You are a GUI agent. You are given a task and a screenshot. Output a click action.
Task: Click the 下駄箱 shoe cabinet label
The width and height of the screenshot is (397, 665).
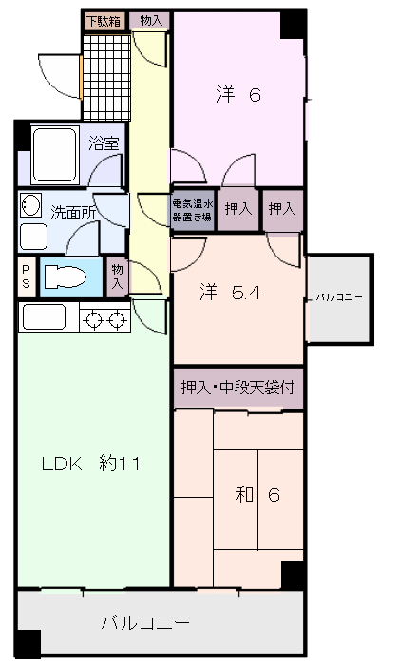pyautogui.click(x=104, y=21)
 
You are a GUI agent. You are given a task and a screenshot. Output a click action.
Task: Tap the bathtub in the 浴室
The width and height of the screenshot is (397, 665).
pyautogui.click(x=54, y=155)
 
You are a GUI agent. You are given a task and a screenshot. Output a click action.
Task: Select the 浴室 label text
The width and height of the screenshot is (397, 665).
pyautogui.click(x=104, y=143)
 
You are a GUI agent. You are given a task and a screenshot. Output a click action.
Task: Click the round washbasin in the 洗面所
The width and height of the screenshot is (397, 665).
pyautogui.click(x=30, y=205)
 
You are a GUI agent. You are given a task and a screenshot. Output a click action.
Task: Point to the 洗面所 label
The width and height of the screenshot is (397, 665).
pyautogui.click(x=73, y=213)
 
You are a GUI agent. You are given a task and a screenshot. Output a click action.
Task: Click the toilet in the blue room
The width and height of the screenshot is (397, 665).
pyautogui.click(x=65, y=277)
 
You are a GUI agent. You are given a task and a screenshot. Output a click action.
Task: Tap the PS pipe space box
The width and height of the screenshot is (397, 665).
pyautogui.click(x=27, y=277)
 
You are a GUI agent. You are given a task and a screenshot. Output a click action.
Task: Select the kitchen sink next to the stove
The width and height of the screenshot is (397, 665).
pyautogui.click(x=44, y=316)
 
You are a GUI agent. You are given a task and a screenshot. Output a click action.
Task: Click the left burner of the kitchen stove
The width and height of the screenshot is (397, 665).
pyautogui.click(x=92, y=320)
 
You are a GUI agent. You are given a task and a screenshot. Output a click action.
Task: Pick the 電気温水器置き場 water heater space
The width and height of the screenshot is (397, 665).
pyautogui.click(x=193, y=210)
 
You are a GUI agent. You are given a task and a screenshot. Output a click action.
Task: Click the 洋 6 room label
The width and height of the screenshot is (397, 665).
pyautogui.click(x=238, y=94)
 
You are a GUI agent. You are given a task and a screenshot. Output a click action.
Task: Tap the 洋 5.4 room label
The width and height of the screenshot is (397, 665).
pyautogui.click(x=230, y=293)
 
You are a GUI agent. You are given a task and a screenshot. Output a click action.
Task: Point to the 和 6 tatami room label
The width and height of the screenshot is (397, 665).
pyautogui.click(x=257, y=495)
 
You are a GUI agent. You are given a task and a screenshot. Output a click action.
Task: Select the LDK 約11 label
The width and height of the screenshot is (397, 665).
pyautogui.click(x=91, y=464)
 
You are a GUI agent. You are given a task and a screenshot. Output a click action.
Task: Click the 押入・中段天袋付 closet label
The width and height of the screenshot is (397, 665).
pyautogui.click(x=237, y=388)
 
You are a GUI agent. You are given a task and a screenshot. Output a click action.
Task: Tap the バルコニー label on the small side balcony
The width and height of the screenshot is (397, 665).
pyautogui.click(x=339, y=297)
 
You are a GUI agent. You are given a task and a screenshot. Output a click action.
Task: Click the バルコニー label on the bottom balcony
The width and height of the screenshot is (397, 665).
pyautogui.click(x=145, y=622)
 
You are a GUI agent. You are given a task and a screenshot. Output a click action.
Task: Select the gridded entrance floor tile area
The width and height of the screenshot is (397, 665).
pyautogui.click(x=106, y=78)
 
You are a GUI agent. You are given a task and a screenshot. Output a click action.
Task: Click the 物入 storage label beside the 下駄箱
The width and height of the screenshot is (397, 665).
pyautogui.click(x=150, y=20)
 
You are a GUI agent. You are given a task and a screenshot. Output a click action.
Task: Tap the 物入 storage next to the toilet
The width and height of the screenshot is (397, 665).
pyautogui.click(x=117, y=276)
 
